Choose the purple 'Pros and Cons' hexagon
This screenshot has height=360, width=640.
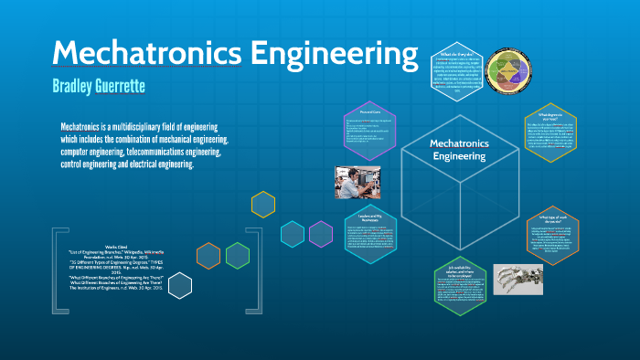point(371,131)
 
